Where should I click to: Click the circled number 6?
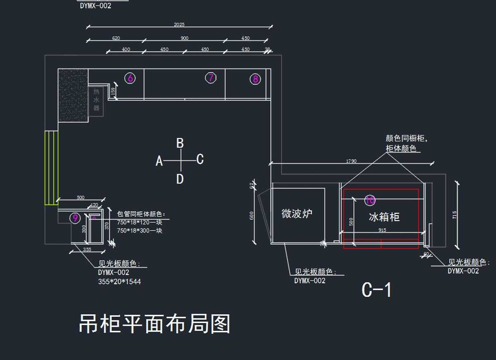click(x=130, y=78)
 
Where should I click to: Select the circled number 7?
click(x=211, y=77)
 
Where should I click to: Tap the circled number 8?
click(x=255, y=79)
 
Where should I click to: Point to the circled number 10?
click(x=370, y=200)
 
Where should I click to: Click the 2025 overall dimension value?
click(x=179, y=25)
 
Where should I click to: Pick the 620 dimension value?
click(x=116, y=38)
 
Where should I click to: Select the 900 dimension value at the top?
click(x=184, y=38)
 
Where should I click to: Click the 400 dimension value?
click(x=126, y=49)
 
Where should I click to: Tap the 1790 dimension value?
click(x=351, y=161)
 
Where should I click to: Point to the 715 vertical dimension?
click(x=455, y=215)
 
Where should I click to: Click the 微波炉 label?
click(x=297, y=214)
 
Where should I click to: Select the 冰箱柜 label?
click(x=384, y=217)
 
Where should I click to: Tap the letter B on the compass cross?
click(x=180, y=143)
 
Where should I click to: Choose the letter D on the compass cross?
click(x=180, y=179)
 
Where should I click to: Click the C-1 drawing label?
click(x=376, y=290)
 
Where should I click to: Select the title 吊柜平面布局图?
click(x=155, y=324)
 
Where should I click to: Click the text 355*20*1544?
click(x=119, y=282)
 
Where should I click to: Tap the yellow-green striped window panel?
click(x=52, y=167)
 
